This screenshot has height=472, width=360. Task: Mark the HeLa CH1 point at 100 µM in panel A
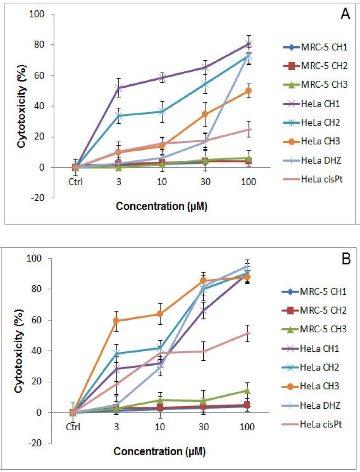pyautogui.click(x=249, y=44)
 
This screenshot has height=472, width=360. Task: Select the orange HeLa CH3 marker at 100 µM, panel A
pyautogui.click(x=249, y=91)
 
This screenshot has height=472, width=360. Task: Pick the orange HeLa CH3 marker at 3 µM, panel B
pyautogui.click(x=117, y=321)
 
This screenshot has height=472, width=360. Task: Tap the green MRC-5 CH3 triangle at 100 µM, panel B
pyautogui.click(x=249, y=390)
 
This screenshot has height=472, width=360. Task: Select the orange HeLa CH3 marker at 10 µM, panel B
pyautogui.click(x=160, y=314)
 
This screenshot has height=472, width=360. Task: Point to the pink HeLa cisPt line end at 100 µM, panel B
pyautogui.click(x=249, y=333)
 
